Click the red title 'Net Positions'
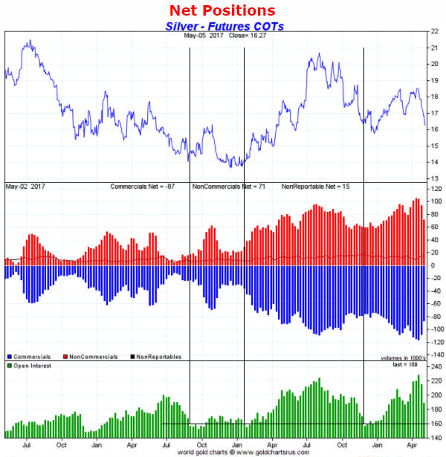tap(222, 10)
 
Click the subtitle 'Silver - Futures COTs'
tap(224, 26)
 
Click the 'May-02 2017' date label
tap(24, 186)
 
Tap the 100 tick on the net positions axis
tap(435, 202)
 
